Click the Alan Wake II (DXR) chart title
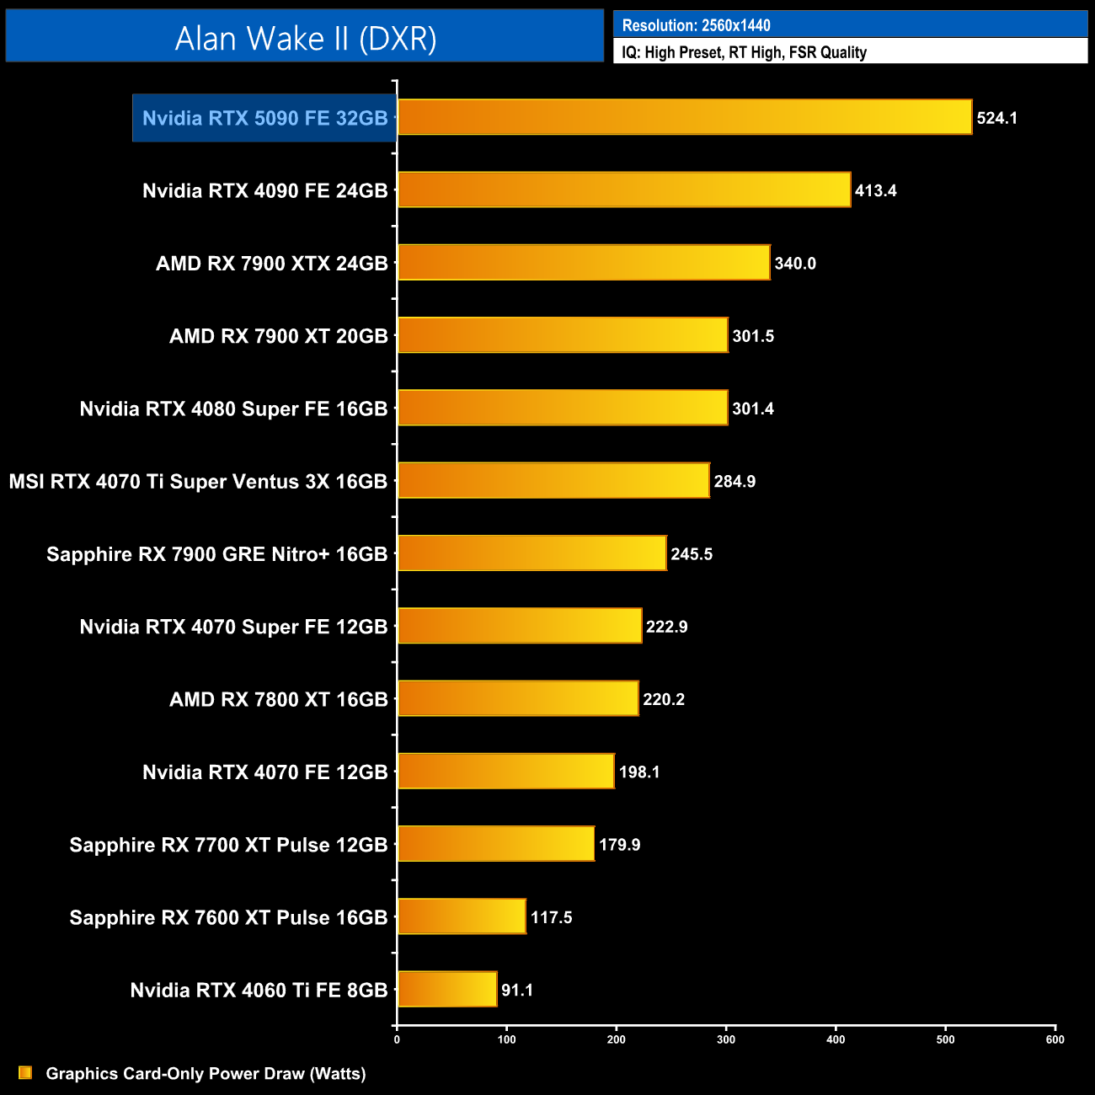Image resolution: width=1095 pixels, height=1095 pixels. tap(305, 38)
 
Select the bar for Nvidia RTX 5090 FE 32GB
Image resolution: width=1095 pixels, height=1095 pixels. tap(684, 117)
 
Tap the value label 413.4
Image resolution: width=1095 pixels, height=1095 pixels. tap(875, 190)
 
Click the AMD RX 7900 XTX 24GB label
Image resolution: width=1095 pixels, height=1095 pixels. tap(271, 264)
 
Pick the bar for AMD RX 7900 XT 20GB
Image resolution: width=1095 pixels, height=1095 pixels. tap(562, 335)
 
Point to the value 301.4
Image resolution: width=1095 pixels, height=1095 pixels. tap(752, 409)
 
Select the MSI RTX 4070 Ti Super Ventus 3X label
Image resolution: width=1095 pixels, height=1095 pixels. tap(198, 482)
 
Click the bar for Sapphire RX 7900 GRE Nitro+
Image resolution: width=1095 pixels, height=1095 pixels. tap(531, 553)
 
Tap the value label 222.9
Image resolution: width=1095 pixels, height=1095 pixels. tap(666, 627)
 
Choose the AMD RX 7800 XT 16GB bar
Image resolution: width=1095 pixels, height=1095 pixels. tap(518, 698)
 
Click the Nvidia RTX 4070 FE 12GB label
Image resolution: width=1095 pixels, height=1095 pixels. tap(264, 772)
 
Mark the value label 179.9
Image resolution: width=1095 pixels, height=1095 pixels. tap(619, 845)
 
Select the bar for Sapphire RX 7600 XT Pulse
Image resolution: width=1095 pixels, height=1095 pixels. tap(462, 916)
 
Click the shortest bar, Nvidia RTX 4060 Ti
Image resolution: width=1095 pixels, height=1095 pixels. tap(447, 989)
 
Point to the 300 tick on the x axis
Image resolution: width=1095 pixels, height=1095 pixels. tap(726, 1039)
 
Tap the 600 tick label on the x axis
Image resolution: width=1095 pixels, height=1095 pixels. tap(1055, 1039)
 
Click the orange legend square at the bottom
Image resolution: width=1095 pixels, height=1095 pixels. tap(25, 1073)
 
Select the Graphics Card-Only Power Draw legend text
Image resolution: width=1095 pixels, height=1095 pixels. tap(206, 1074)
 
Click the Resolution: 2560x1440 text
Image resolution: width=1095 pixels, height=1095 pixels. tap(696, 25)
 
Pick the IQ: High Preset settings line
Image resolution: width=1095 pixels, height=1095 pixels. tap(744, 52)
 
